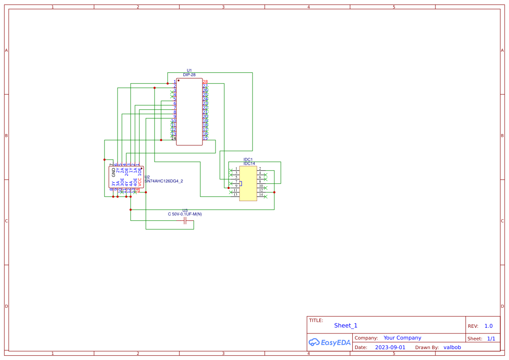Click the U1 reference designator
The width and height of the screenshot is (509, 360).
point(189,71)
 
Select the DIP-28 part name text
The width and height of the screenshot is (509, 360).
point(189,75)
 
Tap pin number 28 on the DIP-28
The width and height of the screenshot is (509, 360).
point(205,82)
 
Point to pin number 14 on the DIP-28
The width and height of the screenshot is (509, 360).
point(173,138)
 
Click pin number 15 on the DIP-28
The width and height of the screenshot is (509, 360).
point(205,138)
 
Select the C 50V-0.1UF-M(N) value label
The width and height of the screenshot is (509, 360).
point(185,214)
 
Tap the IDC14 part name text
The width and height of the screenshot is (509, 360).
point(249,164)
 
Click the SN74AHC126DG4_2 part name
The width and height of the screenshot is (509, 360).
point(164,181)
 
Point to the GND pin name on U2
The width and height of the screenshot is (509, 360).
point(114,172)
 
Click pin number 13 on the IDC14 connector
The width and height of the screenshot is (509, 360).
point(236,195)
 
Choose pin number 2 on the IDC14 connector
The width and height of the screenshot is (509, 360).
point(260,168)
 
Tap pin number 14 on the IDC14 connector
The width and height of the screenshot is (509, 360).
point(261,195)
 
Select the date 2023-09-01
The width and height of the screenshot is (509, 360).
point(390,347)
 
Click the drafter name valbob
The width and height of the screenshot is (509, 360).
point(452,347)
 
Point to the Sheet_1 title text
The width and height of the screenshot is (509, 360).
point(346,326)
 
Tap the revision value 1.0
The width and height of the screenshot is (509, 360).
point(489,326)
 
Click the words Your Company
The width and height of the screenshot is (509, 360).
point(402,338)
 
